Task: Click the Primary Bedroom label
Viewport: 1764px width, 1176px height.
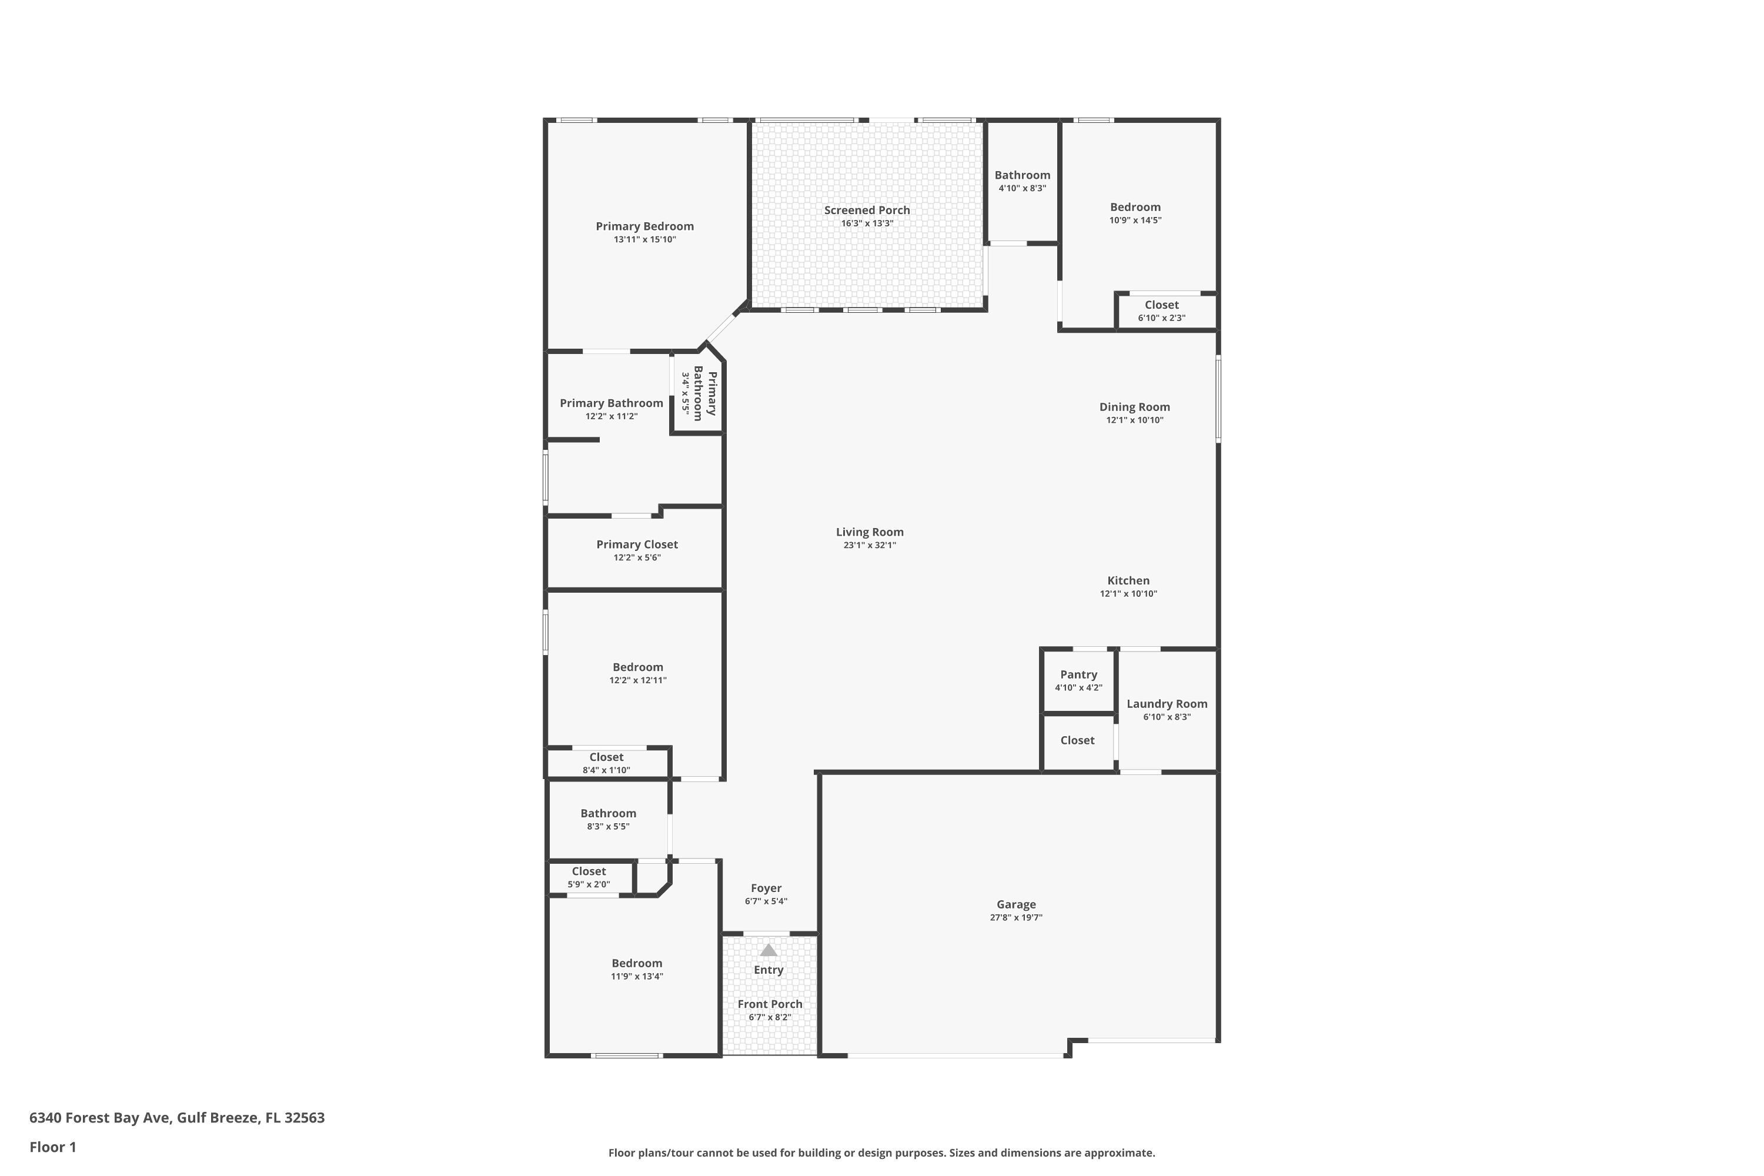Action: click(644, 226)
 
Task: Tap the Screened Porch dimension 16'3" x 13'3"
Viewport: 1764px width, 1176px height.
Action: click(867, 223)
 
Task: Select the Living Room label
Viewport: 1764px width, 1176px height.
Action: click(869, 533)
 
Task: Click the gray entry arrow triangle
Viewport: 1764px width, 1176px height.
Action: click(768, 950)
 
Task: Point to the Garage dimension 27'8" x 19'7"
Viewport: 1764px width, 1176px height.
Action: click(1015, 917)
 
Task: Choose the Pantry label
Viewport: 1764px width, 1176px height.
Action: click(1078, 675)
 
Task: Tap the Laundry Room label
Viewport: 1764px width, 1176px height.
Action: click(1166, 703)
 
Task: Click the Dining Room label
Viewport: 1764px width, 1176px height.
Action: click(1134, 407)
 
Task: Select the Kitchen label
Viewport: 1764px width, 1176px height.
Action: click(1128, 580)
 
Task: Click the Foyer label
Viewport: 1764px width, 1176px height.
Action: click(766, 888)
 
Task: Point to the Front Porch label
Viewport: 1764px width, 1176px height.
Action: click(770, 1004)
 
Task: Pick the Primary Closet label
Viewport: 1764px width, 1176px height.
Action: click(637, 544)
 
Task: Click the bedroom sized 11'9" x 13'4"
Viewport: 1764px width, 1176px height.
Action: click(637, 969)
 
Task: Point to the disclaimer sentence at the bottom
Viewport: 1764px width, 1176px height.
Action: click(881, 1152)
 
